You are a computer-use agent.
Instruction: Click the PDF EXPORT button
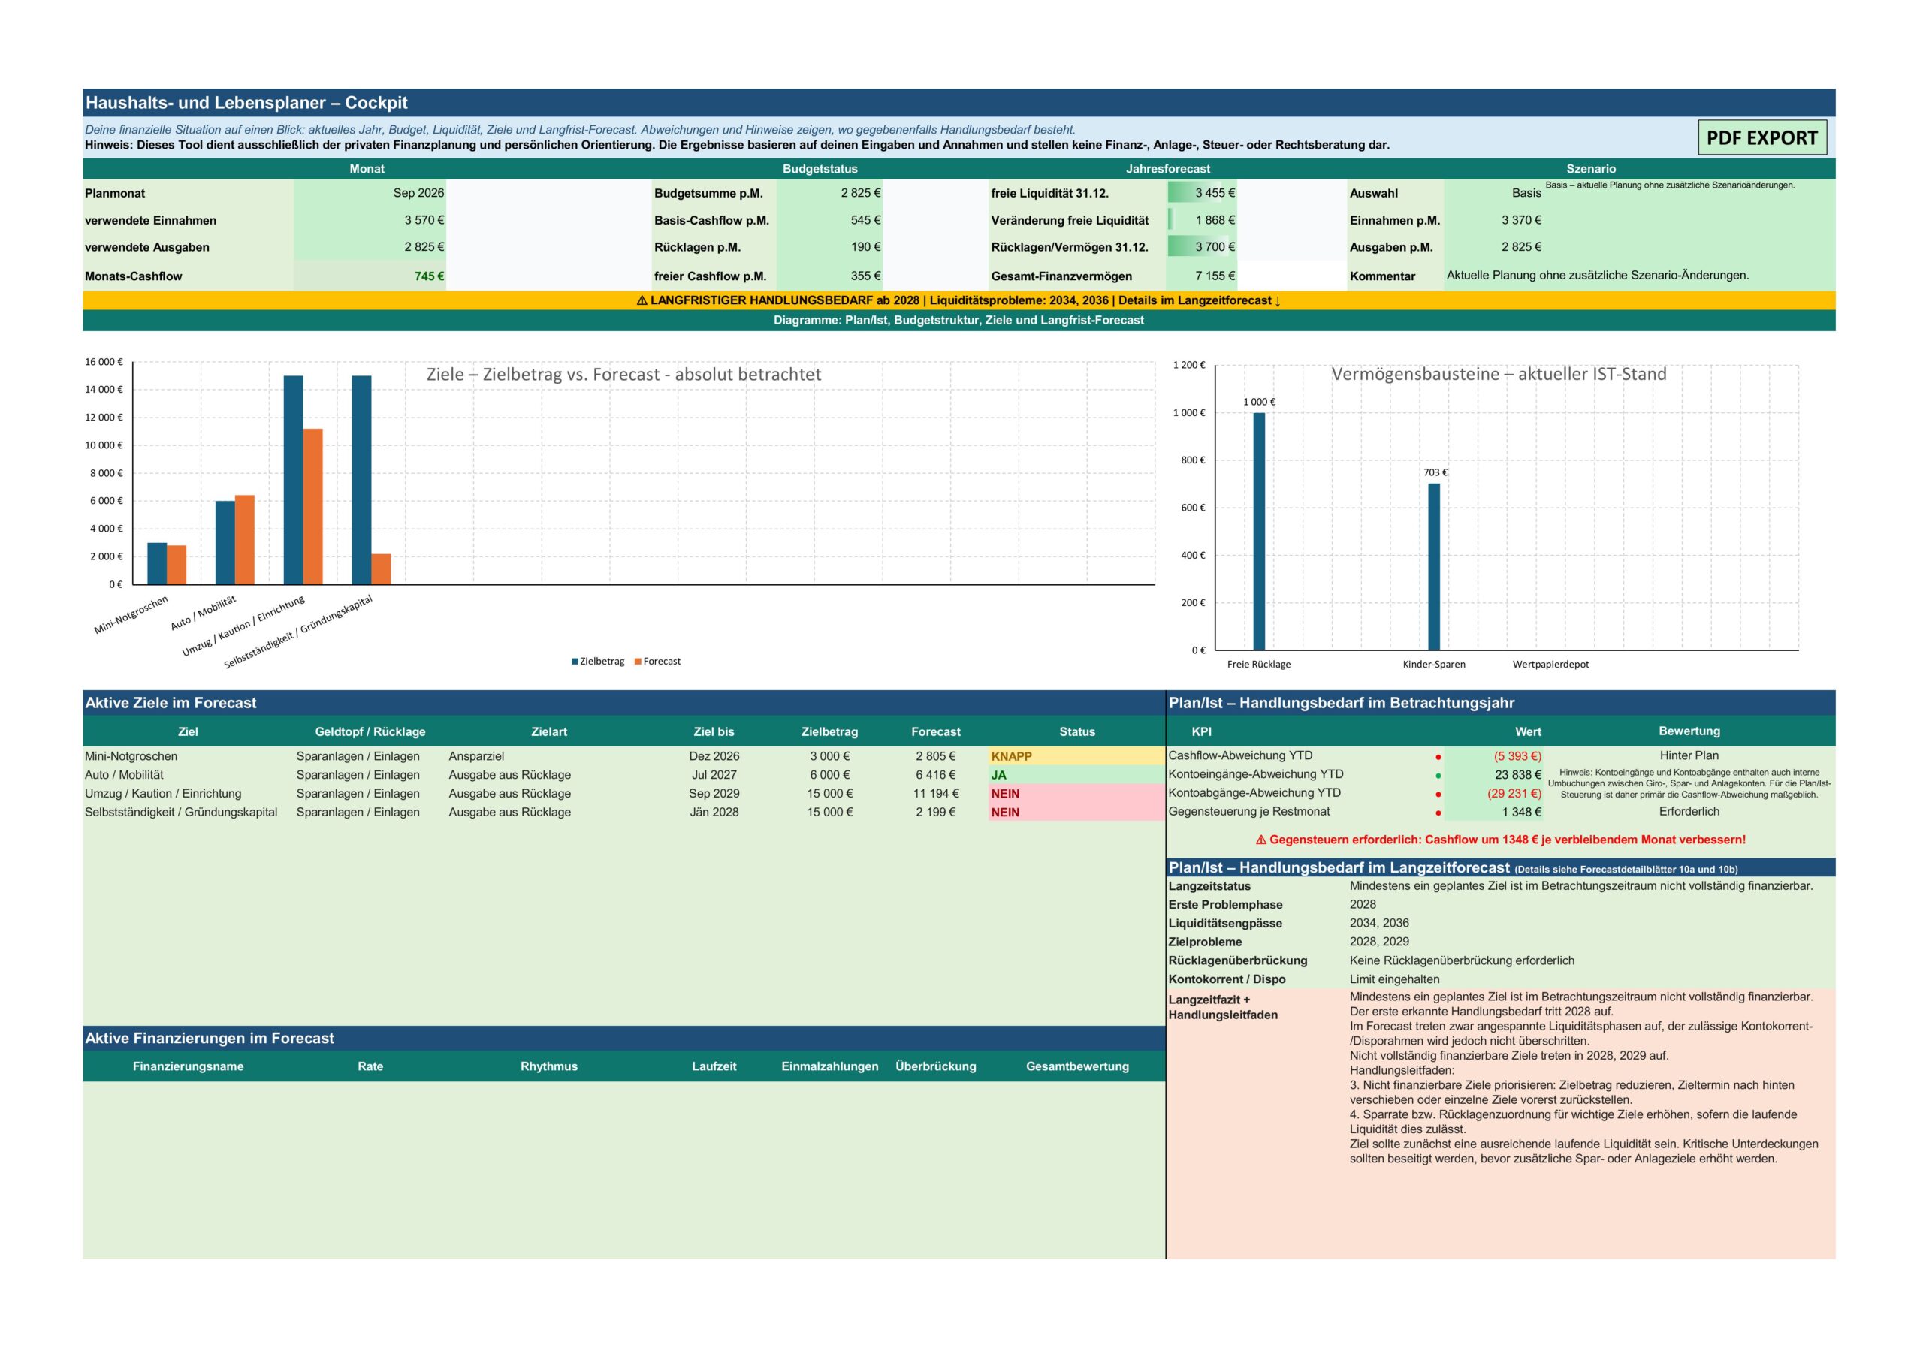pyautogui.click(x=1761, y=137)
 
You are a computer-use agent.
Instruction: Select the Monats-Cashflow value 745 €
pyautogui.click(x=429, y=276)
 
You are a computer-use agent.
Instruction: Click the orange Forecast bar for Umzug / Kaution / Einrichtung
pyautogui.click(x=312, y=507)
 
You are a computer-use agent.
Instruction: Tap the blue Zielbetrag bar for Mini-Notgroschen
pyautogui.click(x=157, y=563)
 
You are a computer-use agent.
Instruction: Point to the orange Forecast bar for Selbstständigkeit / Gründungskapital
pyautogui.click(x=381, y=569)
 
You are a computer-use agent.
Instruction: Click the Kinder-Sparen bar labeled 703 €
pyautogui.click(x=1434, y=567)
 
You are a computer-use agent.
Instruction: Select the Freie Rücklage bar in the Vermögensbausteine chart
pyautogui.click(x=1259, y=531)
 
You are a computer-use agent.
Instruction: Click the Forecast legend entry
pyautogui.click(x=657, y=662)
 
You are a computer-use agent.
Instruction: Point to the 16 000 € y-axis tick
pyautogui.click(x=104, y=363)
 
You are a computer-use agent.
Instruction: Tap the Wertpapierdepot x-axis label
pyautogui.click(x=1550, y=665)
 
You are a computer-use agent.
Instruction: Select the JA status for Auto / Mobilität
pyautogui.click(x=998, y=776)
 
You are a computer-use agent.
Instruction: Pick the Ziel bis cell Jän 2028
pyautogui.click(x=714, y=813)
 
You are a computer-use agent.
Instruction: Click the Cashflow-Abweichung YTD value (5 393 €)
pyautogui.click(x=1517, y=756)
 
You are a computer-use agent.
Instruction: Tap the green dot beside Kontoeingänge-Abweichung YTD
pyautogui.click(x=1438, y=776)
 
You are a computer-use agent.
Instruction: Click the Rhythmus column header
pyautogui.click(x=548, y=1067)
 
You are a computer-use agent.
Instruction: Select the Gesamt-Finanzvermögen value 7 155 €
pyautogui.click(x=1215, y=276)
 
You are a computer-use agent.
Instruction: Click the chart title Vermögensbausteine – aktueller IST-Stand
pyautogui.click(x=1499, y=374)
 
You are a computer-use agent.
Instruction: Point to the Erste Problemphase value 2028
pyautogui.click(x=1363, y=904)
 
